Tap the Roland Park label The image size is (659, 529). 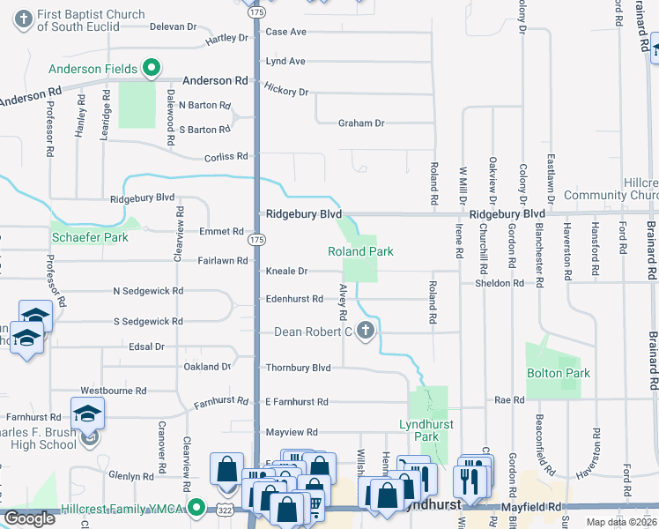[359, 251]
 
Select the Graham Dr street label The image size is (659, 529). [361, 123]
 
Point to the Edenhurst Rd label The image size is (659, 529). [294, 299]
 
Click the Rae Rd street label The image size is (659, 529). [509, 400]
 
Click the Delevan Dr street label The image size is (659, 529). [172, 26]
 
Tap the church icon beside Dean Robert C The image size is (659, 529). [365, 332]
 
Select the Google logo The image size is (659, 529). [30, 518]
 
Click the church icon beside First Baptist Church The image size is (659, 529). [24, 17]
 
